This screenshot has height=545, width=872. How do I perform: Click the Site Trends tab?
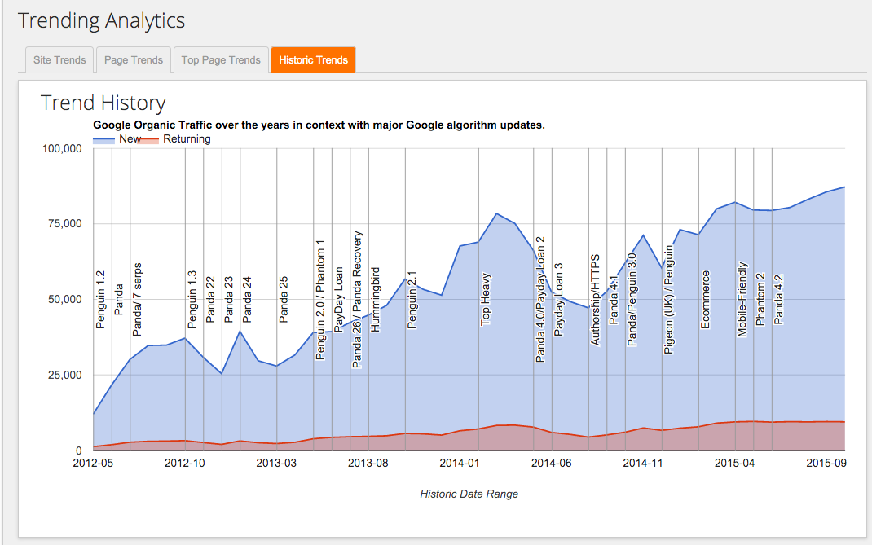click(59, 59)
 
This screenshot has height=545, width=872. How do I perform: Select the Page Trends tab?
click(134, 59)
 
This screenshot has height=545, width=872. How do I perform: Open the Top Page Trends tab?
click(221, 59)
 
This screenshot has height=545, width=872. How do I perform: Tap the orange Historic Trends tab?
click(313, 59)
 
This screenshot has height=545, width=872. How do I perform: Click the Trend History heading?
click(103, 103)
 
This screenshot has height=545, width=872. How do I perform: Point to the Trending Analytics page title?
click(101, 20)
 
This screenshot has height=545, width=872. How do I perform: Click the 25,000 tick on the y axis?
click(64, 375)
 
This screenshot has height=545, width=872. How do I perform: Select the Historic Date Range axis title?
click(469, 494)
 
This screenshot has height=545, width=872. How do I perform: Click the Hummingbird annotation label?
click(376, 299)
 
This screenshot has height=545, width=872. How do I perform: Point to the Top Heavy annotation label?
click(486, 299)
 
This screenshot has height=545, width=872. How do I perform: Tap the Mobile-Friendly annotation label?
click(742, 299)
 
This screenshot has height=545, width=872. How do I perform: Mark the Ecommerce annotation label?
click(706, 299)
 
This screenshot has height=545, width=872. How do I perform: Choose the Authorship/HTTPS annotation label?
click(596, 299)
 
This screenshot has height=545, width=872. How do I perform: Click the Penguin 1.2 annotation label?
click(101, 299)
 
